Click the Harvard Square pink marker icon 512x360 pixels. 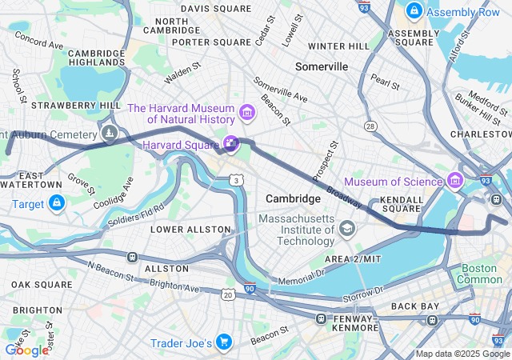click(x=231, y=144)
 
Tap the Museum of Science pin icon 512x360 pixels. click(x=456, y=180)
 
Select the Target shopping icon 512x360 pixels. click(x=56, y=205)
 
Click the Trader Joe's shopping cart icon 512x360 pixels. click(x=223, y=343)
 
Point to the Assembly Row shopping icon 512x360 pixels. click(x=414, y=11)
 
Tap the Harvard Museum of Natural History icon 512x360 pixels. click(x=246, y=111)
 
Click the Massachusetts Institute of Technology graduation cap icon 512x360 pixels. click(x=346, y=230)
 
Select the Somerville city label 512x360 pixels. click(x=321, y=66)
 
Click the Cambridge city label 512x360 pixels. click(x=293, y=198)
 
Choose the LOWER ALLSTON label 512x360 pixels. click(x=191, y=230)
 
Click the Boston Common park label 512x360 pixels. click(x=479, y=274)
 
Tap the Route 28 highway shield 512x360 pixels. click(x=370, y=126)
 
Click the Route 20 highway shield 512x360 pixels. click(x=229, y=295)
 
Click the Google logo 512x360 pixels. click(x=26, y=350)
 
